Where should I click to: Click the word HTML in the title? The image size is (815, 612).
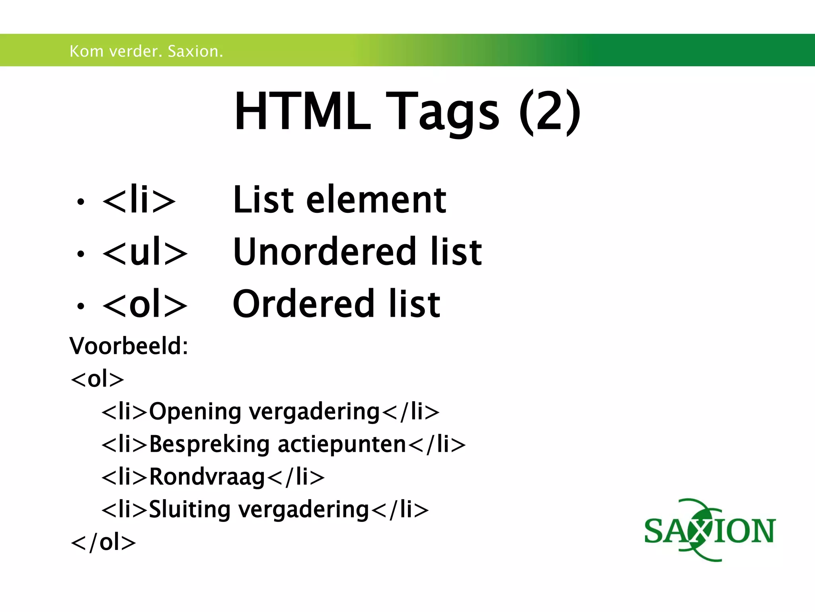pos(302,112)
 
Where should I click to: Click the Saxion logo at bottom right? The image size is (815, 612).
pos(710,530)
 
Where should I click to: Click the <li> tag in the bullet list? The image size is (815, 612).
pos(139,200)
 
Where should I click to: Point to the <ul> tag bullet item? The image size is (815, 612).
pos(144,252)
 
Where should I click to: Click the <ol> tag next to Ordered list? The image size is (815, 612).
pos(144,304)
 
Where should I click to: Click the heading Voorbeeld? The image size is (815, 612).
pos(129,346)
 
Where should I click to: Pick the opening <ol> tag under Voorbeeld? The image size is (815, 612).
pos(97,379)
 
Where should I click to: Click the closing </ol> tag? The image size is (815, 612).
pos(103,542)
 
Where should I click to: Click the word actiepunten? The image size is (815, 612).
pos(341,444)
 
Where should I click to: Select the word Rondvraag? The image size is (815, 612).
pos(207,477)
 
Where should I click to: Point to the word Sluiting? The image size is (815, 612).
pos(189,510)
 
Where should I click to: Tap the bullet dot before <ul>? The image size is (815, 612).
pos(81,254)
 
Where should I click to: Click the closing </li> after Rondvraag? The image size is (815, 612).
pos(296,477)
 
